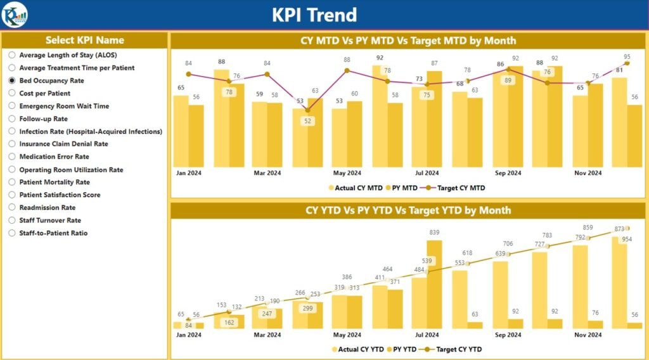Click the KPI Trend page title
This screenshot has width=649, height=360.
(314, 15)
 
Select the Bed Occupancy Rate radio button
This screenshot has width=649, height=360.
(12, 80)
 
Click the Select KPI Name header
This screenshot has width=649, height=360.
(85, 40)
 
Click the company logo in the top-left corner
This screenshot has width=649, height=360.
(14, 15)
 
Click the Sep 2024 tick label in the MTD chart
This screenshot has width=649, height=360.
(508, 173)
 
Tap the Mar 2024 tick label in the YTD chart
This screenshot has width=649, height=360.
(267, 335)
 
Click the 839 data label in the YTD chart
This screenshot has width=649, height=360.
(434, 233)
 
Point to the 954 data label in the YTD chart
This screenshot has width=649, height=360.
(626, 239)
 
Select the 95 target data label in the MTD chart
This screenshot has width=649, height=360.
(627, 56)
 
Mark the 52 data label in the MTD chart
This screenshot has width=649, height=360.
(308, 121)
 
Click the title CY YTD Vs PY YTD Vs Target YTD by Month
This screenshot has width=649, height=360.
(408, 210)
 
